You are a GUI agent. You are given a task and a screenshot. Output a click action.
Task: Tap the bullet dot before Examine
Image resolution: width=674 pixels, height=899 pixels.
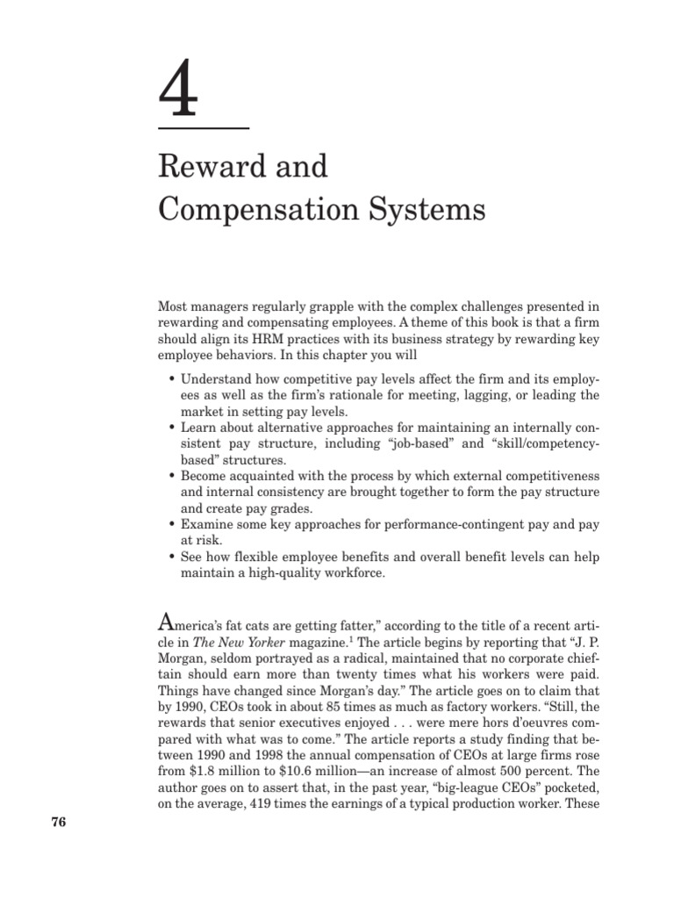point(169,523)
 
